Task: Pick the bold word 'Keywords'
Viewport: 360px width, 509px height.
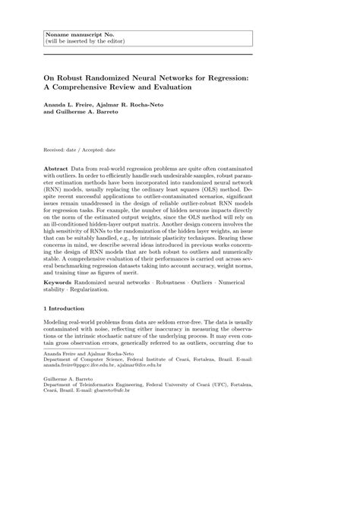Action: (61, 282)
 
